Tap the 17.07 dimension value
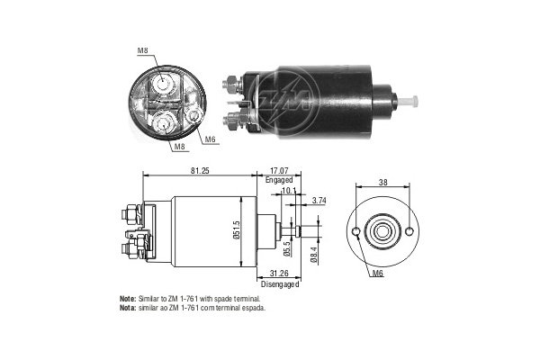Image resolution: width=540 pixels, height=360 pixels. tap(280, 168)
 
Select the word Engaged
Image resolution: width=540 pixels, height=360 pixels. tap(280, 180)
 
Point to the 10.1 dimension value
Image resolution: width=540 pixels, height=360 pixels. tap(289, 190)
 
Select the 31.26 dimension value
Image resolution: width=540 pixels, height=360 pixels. tap(280, 274)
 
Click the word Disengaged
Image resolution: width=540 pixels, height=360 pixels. tap(280, 284)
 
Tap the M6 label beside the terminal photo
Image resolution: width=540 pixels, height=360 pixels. tap(210, 139)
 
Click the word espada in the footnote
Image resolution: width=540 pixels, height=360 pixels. tap(253, 307)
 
